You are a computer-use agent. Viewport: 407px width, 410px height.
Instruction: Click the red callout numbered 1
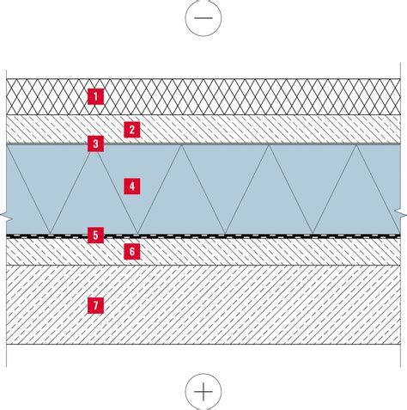(95, 96)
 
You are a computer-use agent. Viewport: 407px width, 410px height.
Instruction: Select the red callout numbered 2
(132, 130)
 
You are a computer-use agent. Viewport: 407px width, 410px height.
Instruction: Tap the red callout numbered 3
(95, 144)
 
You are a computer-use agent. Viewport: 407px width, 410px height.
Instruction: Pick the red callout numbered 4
(132, 187)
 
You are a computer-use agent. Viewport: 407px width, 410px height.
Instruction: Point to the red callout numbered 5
(95, 235)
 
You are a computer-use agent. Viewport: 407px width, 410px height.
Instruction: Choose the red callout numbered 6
(132, 252)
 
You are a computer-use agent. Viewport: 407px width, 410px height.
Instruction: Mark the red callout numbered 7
(95, 305)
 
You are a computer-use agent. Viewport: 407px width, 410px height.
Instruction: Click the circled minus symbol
(203, 18)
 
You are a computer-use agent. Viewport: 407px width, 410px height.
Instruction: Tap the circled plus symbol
(203, 391)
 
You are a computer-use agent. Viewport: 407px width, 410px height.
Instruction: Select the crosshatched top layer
(203, 96)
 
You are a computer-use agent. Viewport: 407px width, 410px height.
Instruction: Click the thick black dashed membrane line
(203, 236)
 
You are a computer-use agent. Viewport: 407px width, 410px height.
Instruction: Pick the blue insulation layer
(203, 189)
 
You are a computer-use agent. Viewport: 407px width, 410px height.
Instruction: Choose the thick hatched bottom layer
(203, 305)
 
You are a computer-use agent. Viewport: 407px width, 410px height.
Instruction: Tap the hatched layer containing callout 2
(203, 129)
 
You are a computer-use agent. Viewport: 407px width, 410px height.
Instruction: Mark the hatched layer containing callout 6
(203, 252)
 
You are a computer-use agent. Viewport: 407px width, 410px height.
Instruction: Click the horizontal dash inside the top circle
(203, 18)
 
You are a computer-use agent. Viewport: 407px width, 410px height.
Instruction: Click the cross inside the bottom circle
(203, 391)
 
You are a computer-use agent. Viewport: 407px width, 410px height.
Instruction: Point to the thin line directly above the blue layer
(203, 144)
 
